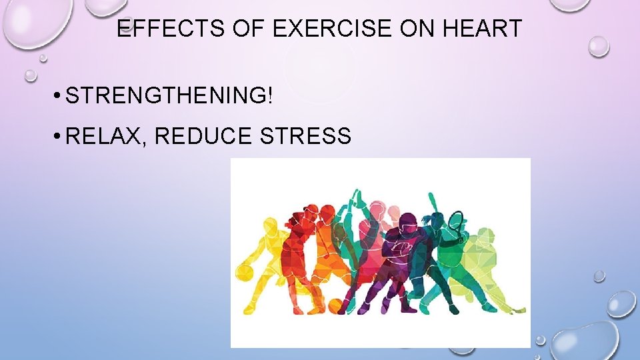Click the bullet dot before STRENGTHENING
coord(59,96)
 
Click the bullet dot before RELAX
coord(59,137)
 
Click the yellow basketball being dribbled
coord(245,272)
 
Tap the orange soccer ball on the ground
coord(335,306)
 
